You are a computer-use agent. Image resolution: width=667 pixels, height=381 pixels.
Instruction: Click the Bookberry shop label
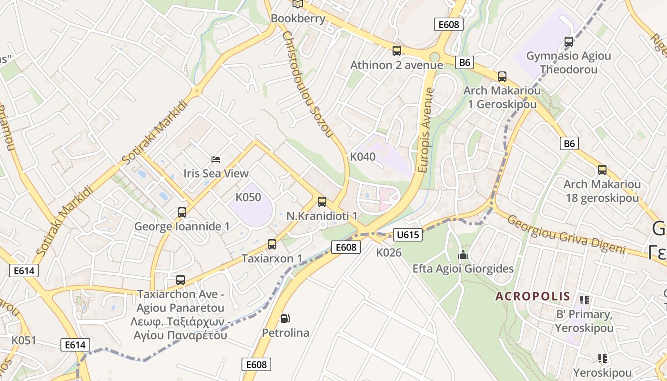click(x=298, y=19)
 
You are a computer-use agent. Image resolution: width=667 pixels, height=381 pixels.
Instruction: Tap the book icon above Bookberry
click(x=298, y=4)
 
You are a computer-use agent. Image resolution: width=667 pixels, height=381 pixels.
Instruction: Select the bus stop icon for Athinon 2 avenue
click(x=397, y=51)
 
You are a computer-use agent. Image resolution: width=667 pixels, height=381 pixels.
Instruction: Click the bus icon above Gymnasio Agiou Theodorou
click(x=568, y=42)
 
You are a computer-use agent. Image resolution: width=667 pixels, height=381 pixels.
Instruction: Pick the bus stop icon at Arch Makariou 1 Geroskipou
click(x=502, y=77)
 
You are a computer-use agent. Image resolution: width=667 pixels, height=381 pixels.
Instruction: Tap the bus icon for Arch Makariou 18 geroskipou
click(x=602, y=170)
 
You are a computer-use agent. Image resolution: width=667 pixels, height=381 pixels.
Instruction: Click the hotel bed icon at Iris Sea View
click(x=216, y=159)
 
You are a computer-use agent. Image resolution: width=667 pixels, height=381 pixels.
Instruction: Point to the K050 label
click(x=248, y=197)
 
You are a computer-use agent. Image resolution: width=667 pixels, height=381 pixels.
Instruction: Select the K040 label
click(x=363, y=157)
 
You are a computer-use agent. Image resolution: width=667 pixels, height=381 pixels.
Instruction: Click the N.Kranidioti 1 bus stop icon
click(x=322, y=202)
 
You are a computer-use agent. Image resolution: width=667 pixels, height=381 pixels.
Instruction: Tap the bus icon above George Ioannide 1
click(x=182, y=212)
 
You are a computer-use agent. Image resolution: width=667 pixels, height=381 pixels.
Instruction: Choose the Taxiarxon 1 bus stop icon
click(x=272, y=244)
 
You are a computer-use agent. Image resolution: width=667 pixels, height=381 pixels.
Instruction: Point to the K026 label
click(x=389, y=253)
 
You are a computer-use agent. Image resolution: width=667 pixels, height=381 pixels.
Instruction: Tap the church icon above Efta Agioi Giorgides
click(x=463, y=255)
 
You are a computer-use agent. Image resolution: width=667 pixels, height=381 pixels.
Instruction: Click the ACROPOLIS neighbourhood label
click(x=533, y=296)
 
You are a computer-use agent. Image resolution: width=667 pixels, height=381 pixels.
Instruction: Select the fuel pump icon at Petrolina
click(x=285, y=319)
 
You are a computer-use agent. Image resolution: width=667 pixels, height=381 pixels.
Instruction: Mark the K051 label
click(x=24, y=341)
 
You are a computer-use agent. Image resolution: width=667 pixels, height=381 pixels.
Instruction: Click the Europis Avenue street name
click(x=426, y=130)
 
